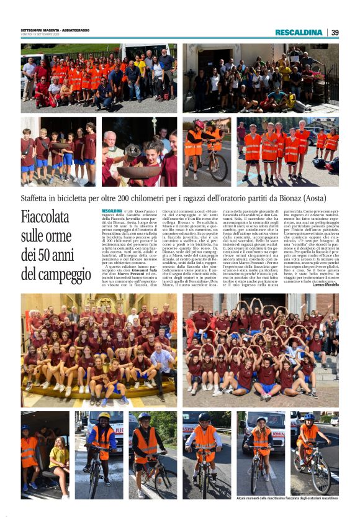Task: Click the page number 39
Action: (x=335, y=32)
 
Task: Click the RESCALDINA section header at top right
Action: (x=299, y=32)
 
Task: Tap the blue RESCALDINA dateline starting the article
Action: (x=112, y=211)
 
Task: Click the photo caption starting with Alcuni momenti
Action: (x=287, y=499)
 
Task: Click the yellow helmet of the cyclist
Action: (x=104, y=417)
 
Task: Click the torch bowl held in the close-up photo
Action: (x=131, y=152)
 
